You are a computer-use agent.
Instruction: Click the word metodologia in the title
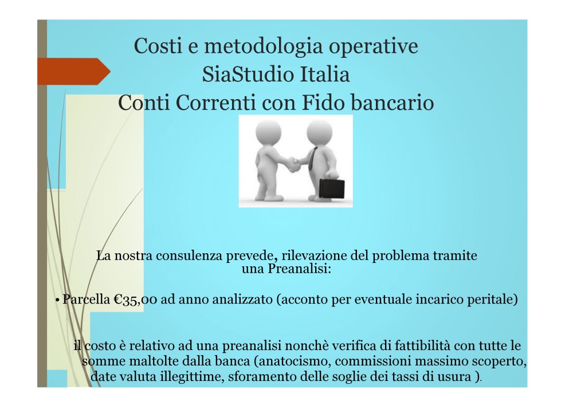(263, 47)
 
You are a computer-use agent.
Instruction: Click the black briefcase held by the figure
(332, 188)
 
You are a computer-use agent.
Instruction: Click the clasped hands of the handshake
(293, 164)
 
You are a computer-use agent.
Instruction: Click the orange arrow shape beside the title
(74, 71)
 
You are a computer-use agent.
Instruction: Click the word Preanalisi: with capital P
(300, 269)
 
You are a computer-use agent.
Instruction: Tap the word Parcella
(87, 299)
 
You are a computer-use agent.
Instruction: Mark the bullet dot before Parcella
(57, 300)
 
